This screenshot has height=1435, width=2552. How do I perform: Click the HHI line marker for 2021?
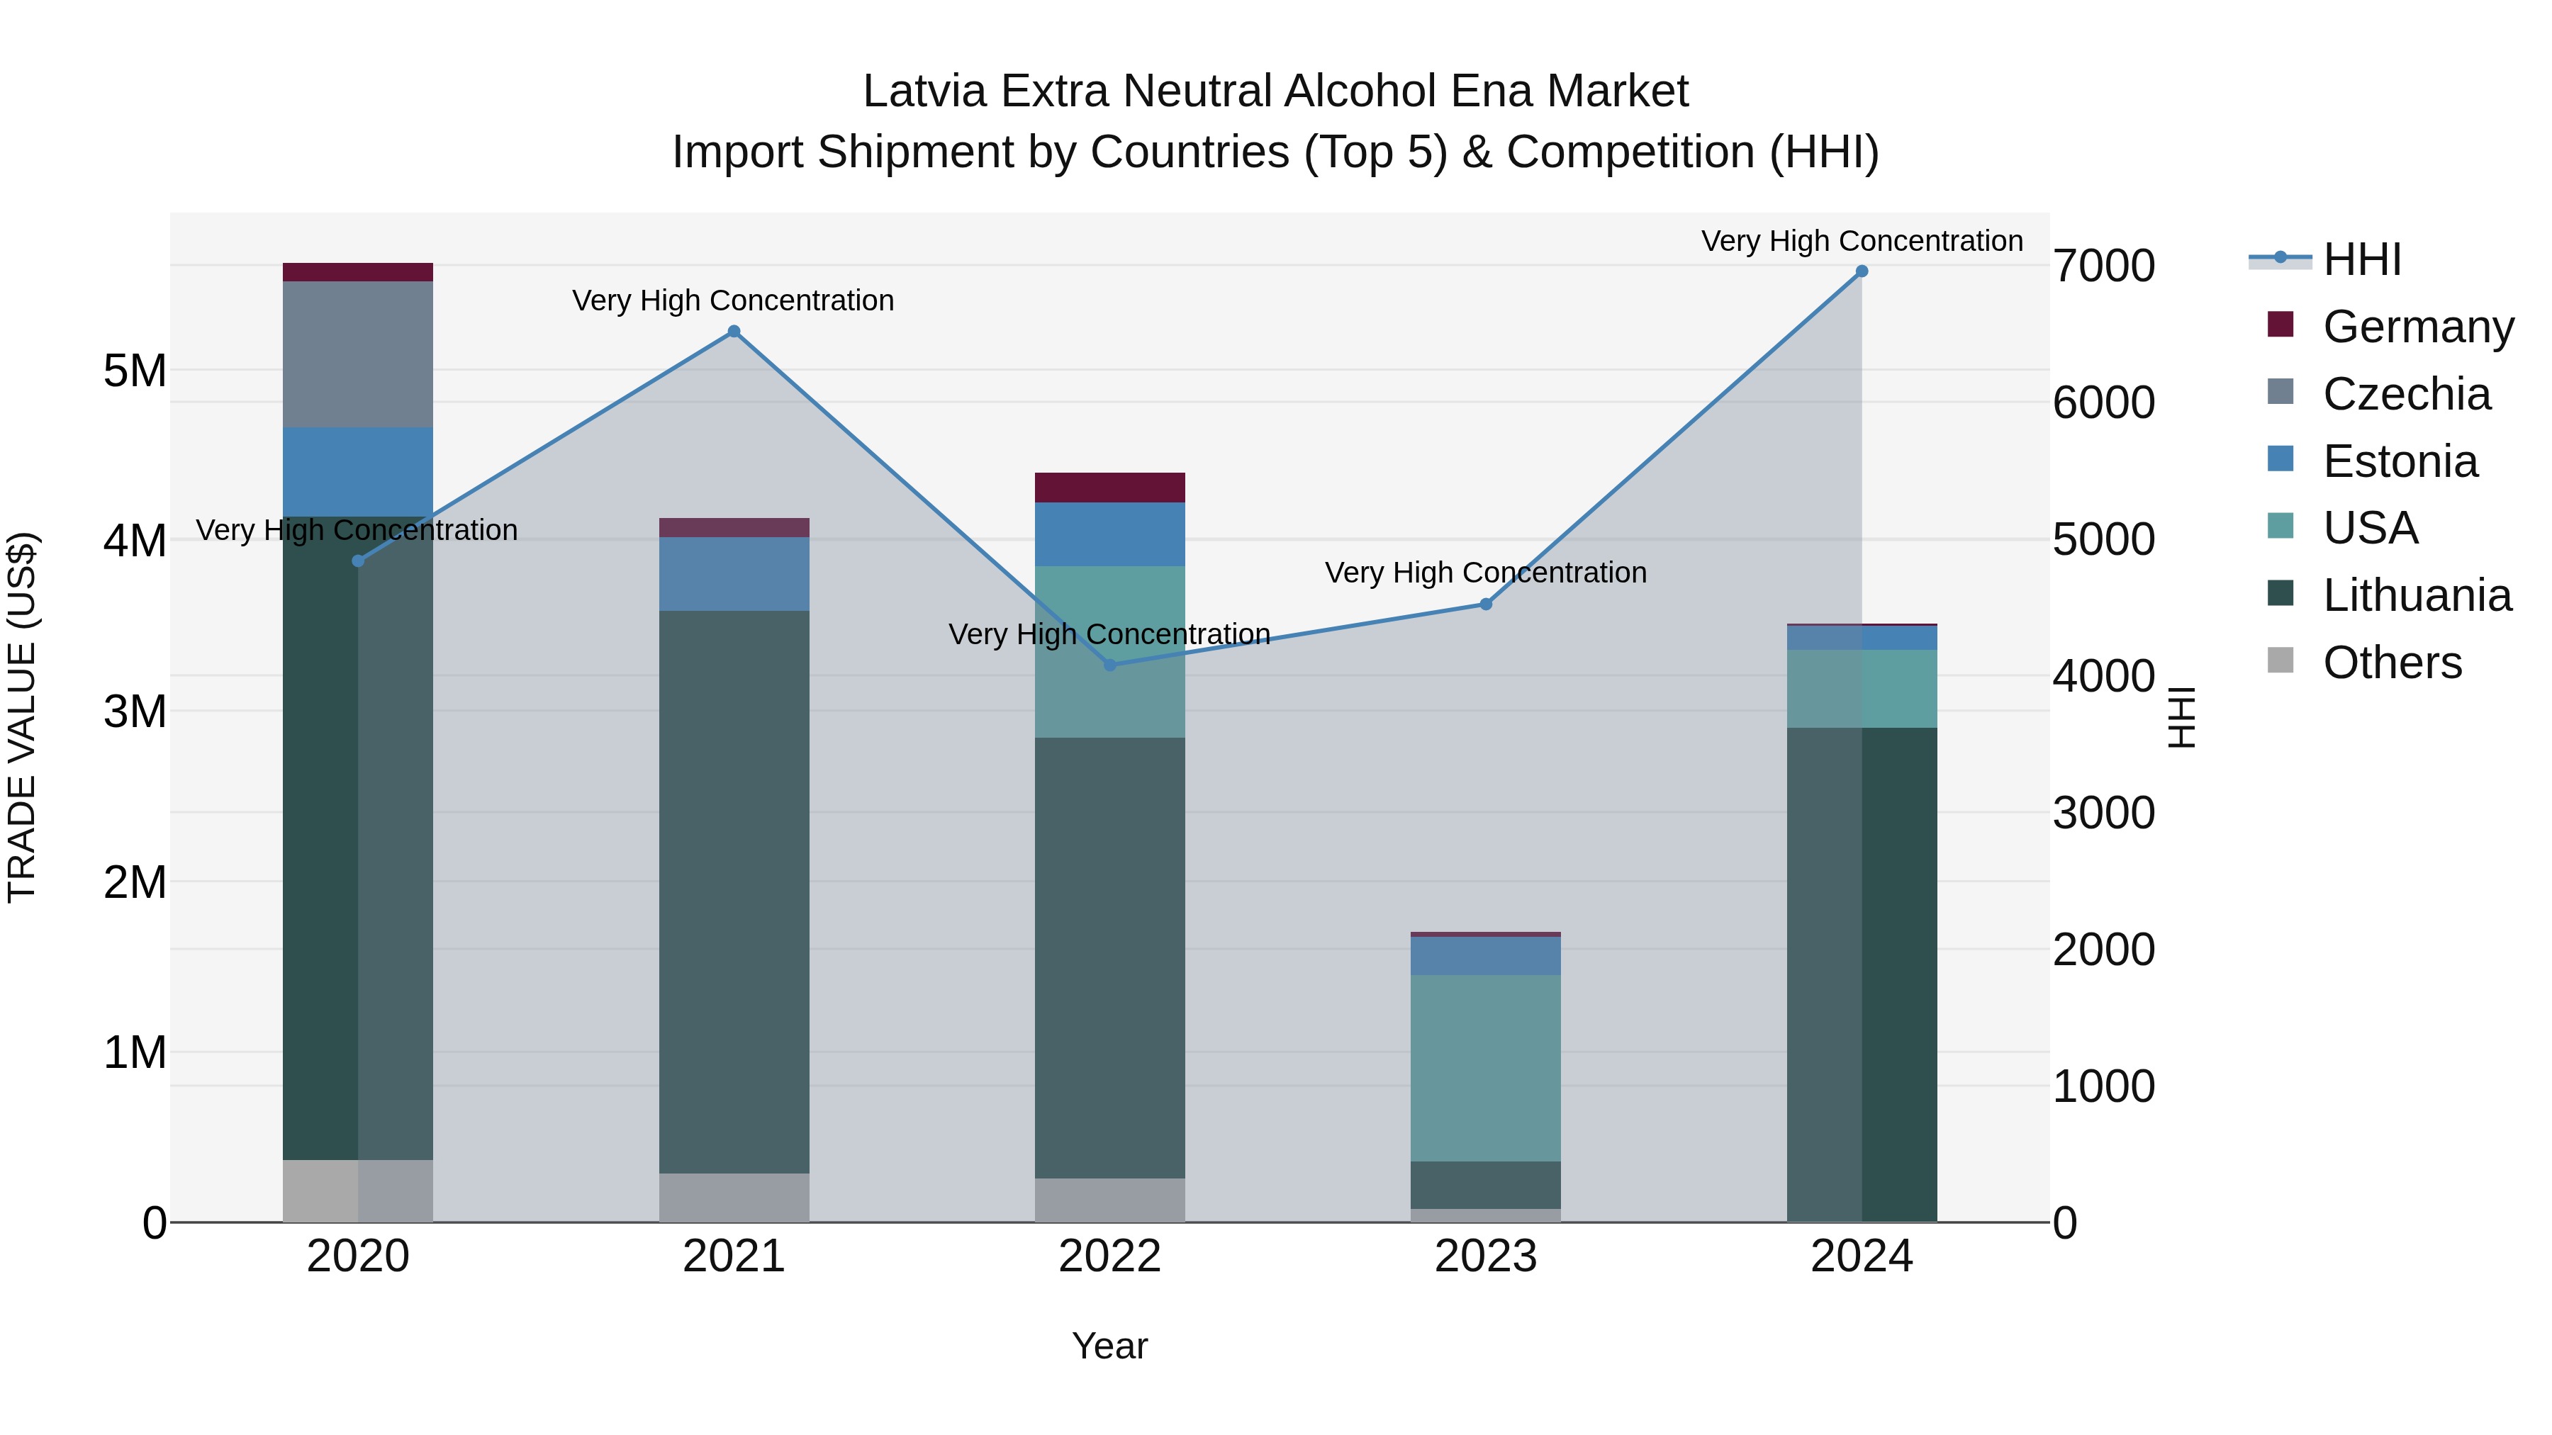coord(734,332)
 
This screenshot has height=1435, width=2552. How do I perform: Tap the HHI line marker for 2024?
coord(1862,271)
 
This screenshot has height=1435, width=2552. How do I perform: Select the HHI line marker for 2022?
coord(1109,665)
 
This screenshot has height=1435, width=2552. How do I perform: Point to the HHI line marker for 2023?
coord(1486,604)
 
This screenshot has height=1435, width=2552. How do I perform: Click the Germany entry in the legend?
coord(2417,327)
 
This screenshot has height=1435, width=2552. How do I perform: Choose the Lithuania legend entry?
coord(2417,595)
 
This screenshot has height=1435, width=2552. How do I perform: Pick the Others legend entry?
coord(2392,663)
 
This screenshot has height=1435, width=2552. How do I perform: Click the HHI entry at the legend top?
coord(2362,259)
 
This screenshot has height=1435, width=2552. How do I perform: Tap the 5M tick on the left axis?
coord(135,371)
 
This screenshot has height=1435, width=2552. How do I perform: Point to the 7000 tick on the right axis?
coord(2103,266)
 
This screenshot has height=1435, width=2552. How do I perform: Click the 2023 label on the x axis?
coord(1486,1256)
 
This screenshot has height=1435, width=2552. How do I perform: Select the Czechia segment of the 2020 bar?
coord(358,354)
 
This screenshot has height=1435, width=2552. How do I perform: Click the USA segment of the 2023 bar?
coord(1486,1068)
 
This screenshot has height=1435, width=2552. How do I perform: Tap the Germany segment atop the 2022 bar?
coord(1109,488)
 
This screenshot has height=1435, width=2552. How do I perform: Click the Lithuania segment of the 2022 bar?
coord(1109,957)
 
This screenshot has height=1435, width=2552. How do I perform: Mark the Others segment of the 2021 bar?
coord(734,1198)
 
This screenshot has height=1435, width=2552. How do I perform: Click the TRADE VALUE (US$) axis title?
coord(22,717)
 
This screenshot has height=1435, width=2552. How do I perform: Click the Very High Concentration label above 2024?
coord(1862,241)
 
